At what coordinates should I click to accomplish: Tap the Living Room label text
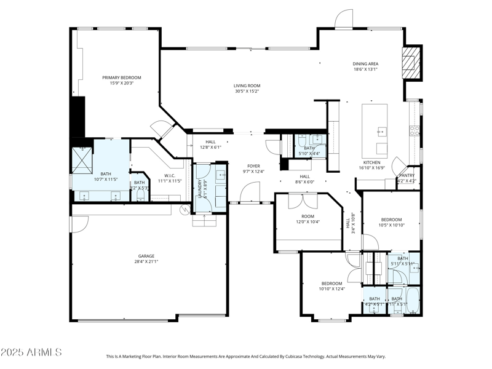247,88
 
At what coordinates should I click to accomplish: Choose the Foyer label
253,166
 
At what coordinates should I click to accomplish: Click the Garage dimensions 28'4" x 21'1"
146,261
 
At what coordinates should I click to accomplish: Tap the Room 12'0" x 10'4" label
307,219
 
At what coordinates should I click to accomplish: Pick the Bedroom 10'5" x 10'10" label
391,223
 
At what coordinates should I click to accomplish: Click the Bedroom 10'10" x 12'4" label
331,286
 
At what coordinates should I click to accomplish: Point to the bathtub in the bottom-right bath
413,301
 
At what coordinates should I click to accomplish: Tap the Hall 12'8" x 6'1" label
211,145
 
